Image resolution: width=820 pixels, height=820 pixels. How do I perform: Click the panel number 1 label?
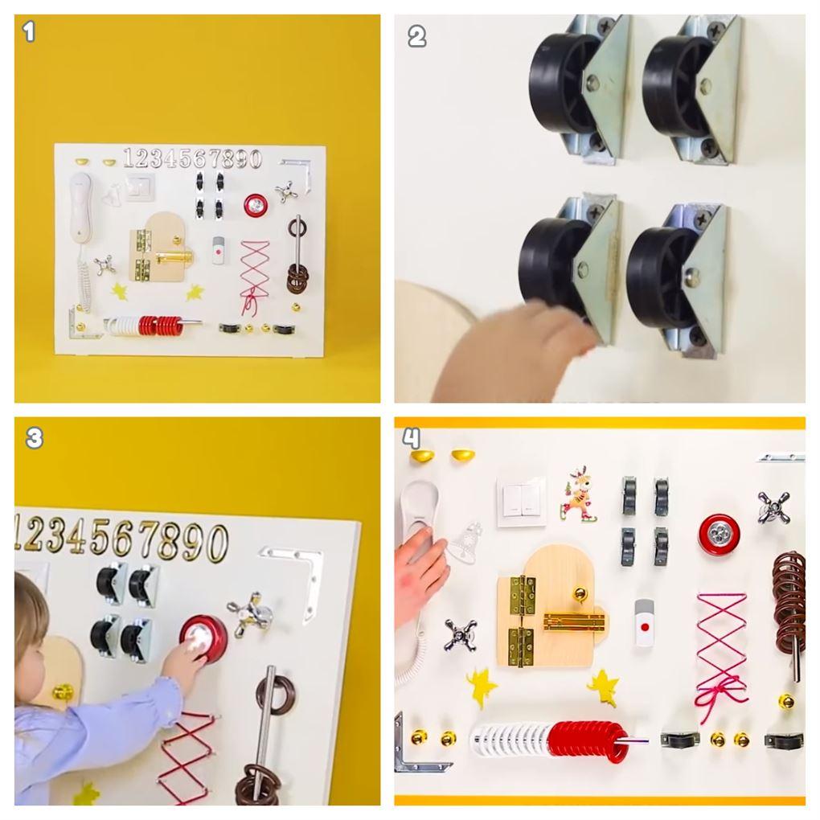point(29,32)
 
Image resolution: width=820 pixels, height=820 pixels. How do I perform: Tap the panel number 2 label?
point(416,37)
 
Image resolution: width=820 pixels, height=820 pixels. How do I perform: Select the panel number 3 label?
point(34,437)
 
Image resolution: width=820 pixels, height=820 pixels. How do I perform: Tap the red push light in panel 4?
point(719,535)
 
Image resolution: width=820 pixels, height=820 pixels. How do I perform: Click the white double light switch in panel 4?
point(521,498)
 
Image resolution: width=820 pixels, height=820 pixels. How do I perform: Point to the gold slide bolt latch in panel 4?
point(576,621)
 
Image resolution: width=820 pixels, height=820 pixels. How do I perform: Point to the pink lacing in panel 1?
point(255,276)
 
